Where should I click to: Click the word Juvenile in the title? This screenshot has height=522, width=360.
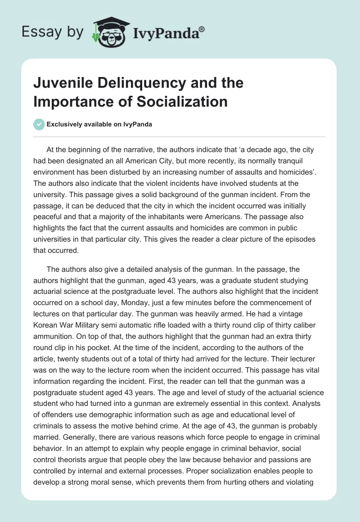59,83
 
